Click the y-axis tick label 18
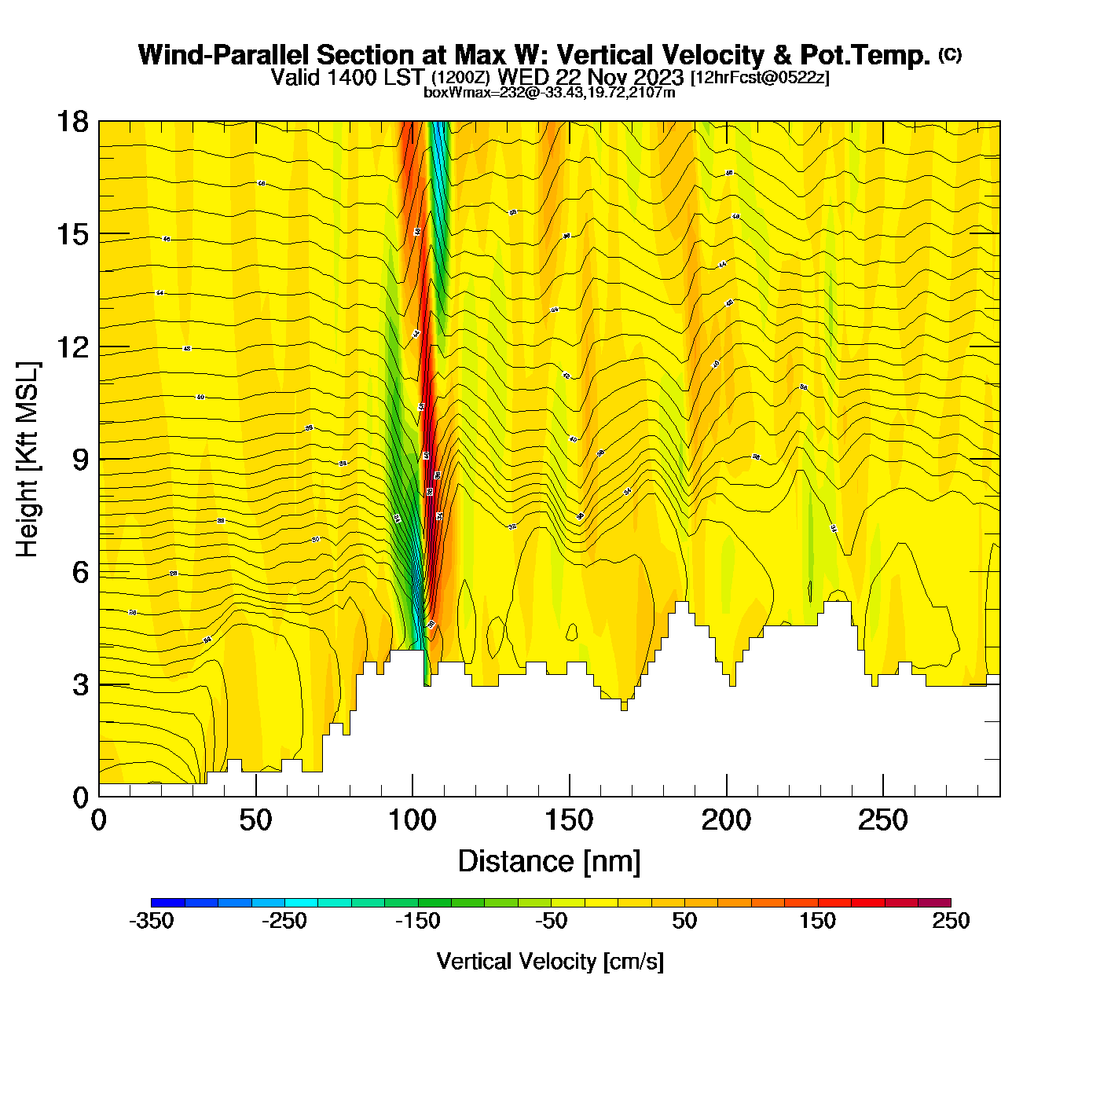71,122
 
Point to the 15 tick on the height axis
71,234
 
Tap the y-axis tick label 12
71,346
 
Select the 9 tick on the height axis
80,460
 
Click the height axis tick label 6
80,572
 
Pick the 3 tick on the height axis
80,685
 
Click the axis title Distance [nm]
549,862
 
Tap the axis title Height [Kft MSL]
28,460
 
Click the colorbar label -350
151,921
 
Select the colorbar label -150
417,921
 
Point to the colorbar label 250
951,921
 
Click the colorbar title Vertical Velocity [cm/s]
550,961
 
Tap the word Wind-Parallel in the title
224,55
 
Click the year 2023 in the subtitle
658,77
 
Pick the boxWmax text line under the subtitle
549,92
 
